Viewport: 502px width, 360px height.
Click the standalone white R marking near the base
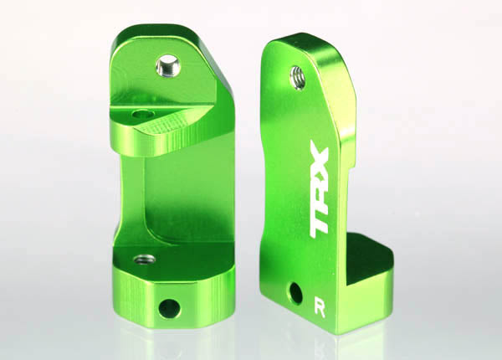pyautogui.click(x=321, y=301)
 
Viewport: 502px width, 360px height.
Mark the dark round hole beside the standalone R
pyautogui.click(x=295, y=293)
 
